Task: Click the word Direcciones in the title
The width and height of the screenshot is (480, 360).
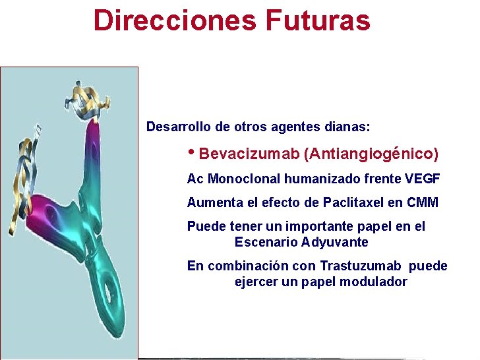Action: [175, 20]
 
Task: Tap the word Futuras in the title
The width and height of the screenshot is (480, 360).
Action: [318, 20]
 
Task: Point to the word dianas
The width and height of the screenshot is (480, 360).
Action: [347, 126]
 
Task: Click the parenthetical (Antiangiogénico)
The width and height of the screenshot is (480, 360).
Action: [371, 154]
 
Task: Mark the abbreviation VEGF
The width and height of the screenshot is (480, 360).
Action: [422, 179]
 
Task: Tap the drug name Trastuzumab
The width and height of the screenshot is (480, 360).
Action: [360, 266]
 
